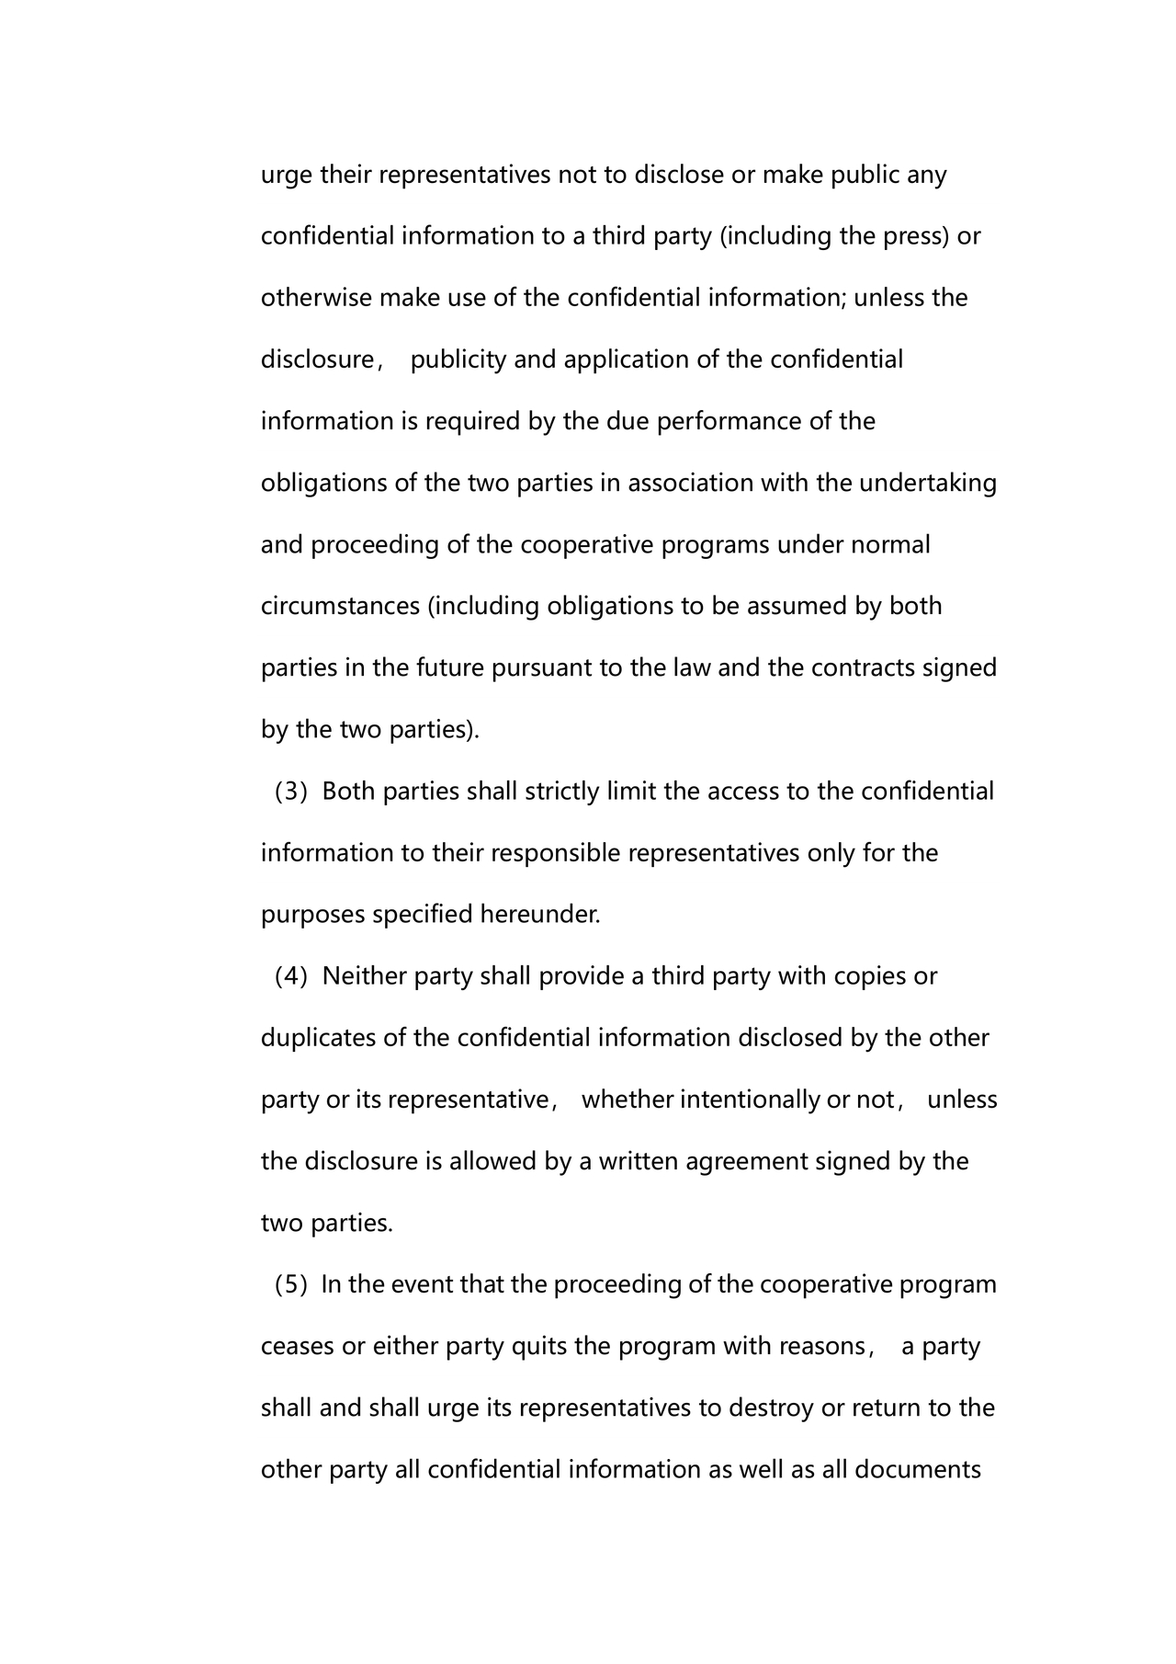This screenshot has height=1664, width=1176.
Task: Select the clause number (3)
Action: (x=291, y=792)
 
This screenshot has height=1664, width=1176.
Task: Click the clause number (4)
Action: (x=291, y=976)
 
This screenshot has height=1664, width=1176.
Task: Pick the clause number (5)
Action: (x=291, y=1284)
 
